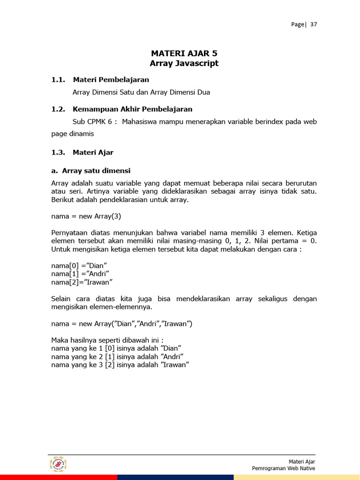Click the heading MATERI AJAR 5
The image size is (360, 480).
(x=184, y=53)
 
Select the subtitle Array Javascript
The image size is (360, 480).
(x=184, y=63)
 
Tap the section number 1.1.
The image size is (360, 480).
(x=58, y=80)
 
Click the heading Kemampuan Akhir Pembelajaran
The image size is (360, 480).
(x=132, y=109)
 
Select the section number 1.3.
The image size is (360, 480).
(x=58, y=152)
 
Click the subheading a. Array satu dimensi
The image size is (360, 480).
(x=91, y=171)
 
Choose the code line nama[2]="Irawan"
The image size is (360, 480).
(x=82, y=282)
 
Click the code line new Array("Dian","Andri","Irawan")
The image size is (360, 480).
(x=122, y=324)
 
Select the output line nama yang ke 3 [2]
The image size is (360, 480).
(x=120, y=365)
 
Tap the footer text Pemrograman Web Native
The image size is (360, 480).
(x=283, y=468)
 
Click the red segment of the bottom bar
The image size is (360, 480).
(x=58, y=477)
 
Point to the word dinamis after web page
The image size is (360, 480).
(x=73, y=134)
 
